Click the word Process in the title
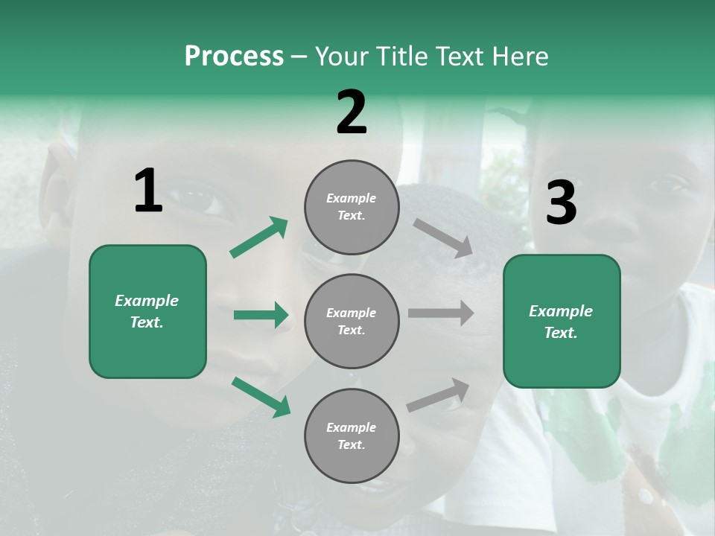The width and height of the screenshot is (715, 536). tap(234, 57)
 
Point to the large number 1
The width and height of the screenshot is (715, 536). tap(148, 191)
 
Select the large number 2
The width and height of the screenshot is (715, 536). tap(352, 112)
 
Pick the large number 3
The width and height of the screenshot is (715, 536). tap(561, 203)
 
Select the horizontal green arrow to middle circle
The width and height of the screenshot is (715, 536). tap(261, 315)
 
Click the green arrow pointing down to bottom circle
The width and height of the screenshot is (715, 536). tap(261, 396)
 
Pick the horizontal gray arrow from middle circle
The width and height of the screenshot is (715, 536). tap(440, 313)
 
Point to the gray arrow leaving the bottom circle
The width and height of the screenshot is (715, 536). tap(439, 395)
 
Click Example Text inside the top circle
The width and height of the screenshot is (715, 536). tap(352, 207)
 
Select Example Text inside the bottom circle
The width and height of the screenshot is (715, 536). tap(352, 436)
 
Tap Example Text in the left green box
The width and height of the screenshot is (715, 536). tap(147, 311)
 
